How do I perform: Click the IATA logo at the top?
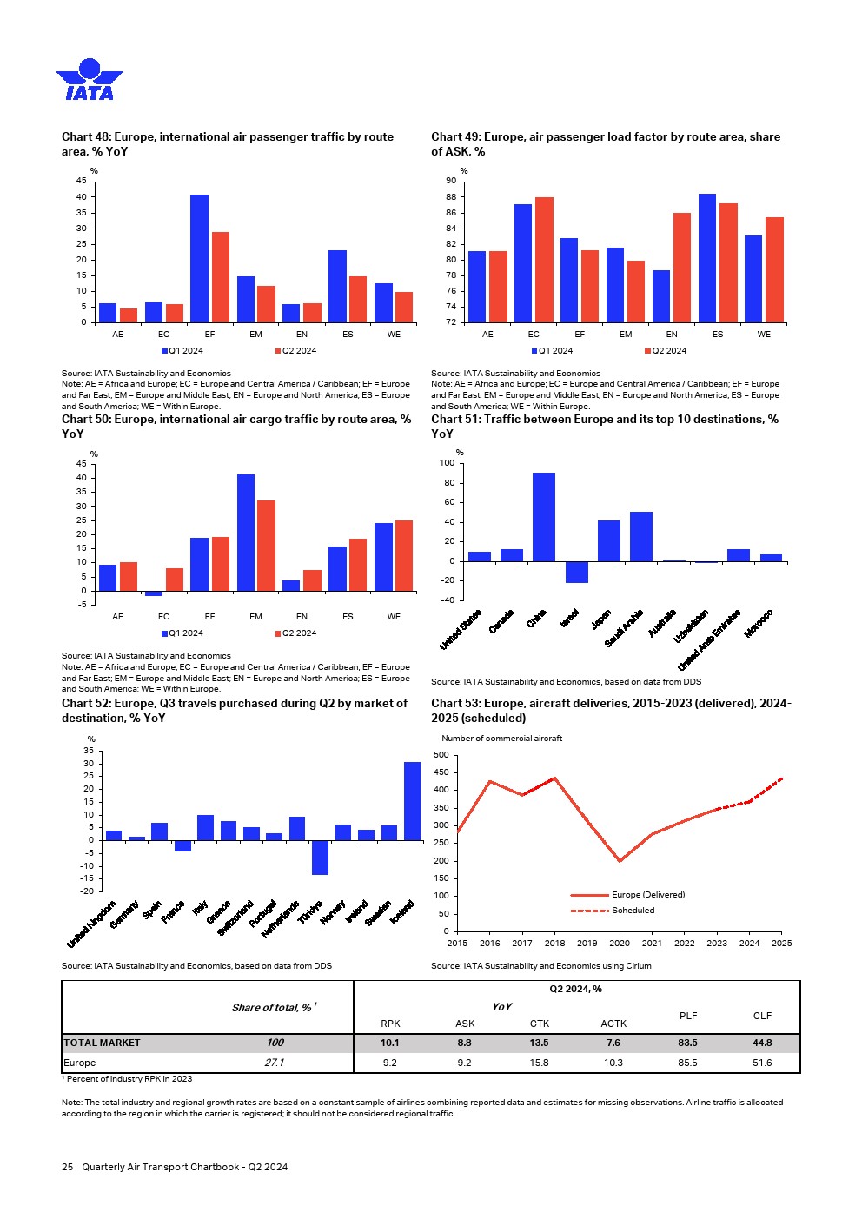click(90, 80)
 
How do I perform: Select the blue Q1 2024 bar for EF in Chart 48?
click(200, 258)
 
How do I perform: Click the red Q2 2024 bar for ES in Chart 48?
click(358, 299)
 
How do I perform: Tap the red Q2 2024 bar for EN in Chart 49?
click(682, 267)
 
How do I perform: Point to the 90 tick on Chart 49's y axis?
click(451, 181)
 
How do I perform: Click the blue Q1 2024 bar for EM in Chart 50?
click(246, 532)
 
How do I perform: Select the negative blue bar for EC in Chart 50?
click(154, 593)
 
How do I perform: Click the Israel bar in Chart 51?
click(576, 572)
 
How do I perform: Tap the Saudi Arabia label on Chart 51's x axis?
click(625, 627)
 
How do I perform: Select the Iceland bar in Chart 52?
click(412, 800)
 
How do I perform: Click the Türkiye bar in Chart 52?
click(320, 857)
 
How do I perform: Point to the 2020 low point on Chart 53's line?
click(620, 861)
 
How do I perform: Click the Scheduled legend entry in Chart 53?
click(633, 911)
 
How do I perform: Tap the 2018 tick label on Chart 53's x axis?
click(554, 944)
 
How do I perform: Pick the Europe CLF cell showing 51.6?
click(762, 1063)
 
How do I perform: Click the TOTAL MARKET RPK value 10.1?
click(390, 1043)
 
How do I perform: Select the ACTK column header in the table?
click(613, 1024)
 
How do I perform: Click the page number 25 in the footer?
click(67, 1167)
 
